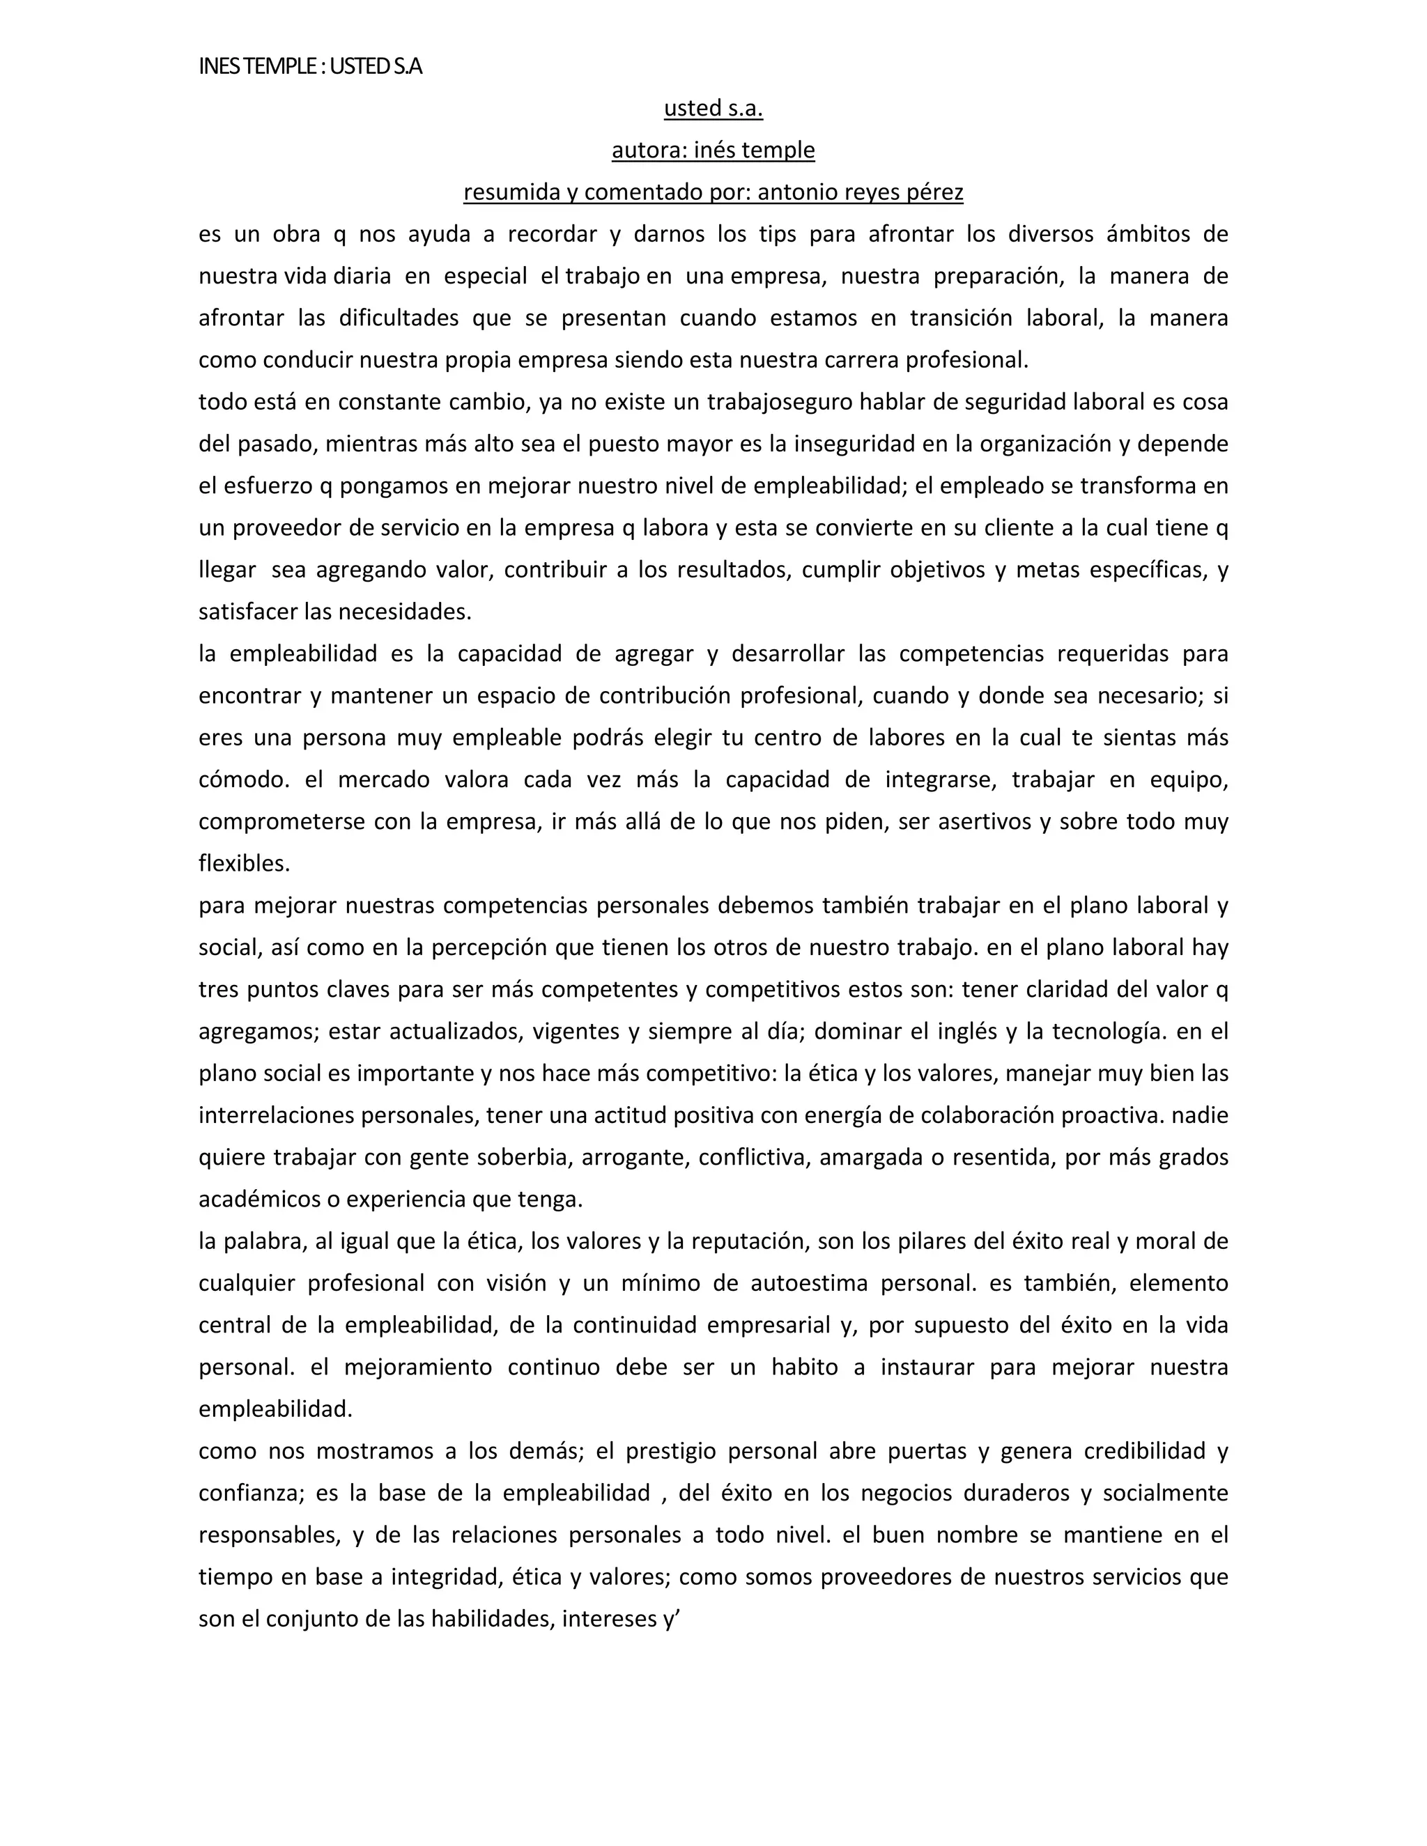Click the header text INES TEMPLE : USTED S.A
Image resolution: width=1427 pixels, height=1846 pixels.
[x=310, y=66]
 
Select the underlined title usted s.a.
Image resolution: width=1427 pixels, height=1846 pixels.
[x=713, y=108]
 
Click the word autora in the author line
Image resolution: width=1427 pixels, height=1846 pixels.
[x=647, y=150]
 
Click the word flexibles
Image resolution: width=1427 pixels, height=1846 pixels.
[x=243, y=864]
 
